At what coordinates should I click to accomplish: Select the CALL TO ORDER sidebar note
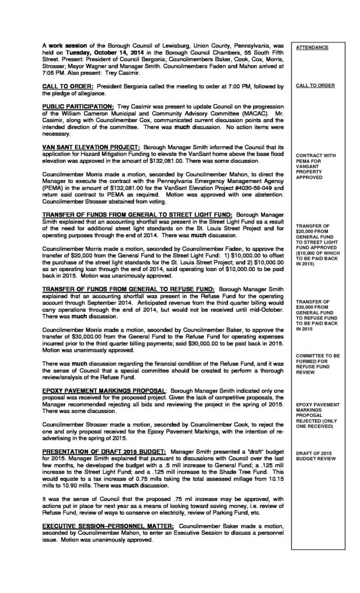(x=314, y=85)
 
